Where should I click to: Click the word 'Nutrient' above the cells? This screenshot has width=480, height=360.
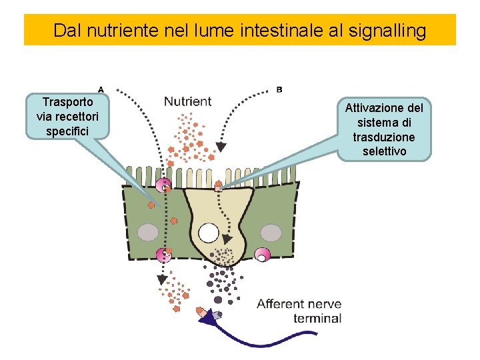(x=187, y=102)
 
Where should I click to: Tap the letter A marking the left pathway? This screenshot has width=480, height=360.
(x=100, y=88)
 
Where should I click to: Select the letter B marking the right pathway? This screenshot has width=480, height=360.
(x=279, y=89)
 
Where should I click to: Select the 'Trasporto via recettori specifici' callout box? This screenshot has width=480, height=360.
(x=67, y=116)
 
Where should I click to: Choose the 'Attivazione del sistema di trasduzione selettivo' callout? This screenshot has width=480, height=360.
(x=385, y=129)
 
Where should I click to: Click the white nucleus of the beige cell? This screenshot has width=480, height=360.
(x=209, y=233)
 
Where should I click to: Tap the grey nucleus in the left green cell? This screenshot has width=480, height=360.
(x=148, y=232)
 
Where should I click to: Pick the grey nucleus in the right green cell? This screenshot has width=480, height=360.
(x=271, y=232)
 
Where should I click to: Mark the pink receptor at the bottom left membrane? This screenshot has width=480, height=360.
(x=163, y=254)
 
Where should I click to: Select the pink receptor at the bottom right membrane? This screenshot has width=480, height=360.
(x=263, y=254)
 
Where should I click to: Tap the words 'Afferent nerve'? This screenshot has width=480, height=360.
(x=299, y=304)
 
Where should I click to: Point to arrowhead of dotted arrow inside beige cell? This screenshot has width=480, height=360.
(x=227, y=239)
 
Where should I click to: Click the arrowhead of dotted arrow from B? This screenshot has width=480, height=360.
(x=221, y=146)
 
